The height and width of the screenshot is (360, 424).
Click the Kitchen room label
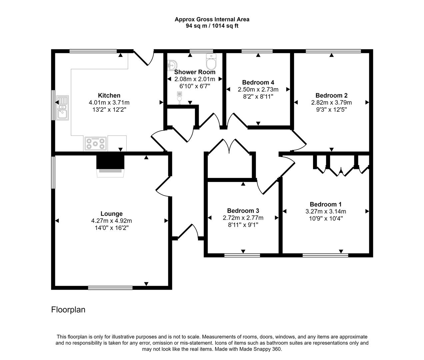click(109, 95)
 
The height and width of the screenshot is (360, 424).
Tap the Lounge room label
click(112, 214)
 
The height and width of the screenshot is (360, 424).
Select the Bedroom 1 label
click(326, 204)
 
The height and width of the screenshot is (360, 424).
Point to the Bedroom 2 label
click(331, 95)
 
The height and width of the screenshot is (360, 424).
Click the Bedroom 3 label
click(243, 211)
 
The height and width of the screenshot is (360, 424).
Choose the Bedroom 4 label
click(258, 82)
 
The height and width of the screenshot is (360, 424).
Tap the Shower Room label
click(195, 72)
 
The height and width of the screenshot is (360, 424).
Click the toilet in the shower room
click(211, 61)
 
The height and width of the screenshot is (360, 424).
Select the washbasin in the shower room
click(172, 64)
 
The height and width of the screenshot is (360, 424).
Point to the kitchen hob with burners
click(96, 144)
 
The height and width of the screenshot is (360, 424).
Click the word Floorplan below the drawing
click(68, 310)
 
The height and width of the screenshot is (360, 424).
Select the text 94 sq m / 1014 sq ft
click(212, 26)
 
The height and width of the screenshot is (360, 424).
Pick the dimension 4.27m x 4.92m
click(112, 221)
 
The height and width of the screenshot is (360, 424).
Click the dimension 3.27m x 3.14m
click(326, 211)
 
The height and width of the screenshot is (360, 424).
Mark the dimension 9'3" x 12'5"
click(331, 109)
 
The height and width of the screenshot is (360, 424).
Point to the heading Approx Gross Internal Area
click(212, 19)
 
